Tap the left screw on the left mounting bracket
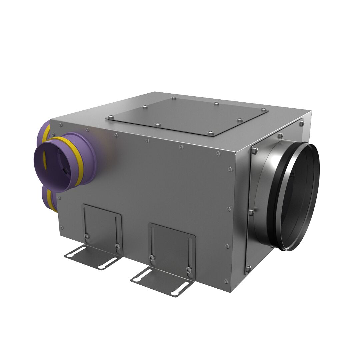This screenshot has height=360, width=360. (x=87, y=236)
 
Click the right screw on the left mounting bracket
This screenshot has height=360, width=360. (x=117, y=246)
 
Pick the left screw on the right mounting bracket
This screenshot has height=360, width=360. (x=152, y=257)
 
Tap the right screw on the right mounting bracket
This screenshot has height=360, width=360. (x=189, y=270)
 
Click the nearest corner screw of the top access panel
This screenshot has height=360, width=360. (x=211, y=133)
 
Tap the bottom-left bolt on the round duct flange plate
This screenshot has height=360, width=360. (x=248, y=268)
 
